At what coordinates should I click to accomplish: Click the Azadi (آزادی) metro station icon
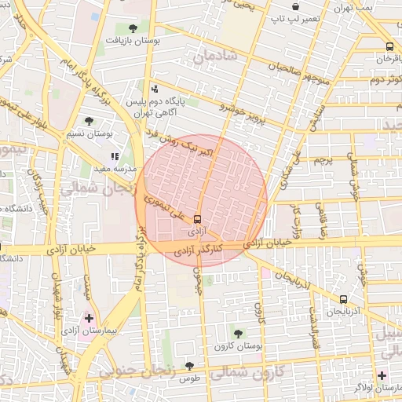tap(196, 220)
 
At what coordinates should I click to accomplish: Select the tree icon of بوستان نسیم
tap(88, 122)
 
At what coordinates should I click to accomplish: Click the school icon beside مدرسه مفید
tap(115, 156)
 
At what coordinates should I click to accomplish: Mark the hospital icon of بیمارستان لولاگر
tap(382, 375)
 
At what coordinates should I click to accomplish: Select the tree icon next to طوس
tap(188, 365)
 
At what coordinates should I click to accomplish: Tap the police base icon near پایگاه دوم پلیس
tap(155, 89)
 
